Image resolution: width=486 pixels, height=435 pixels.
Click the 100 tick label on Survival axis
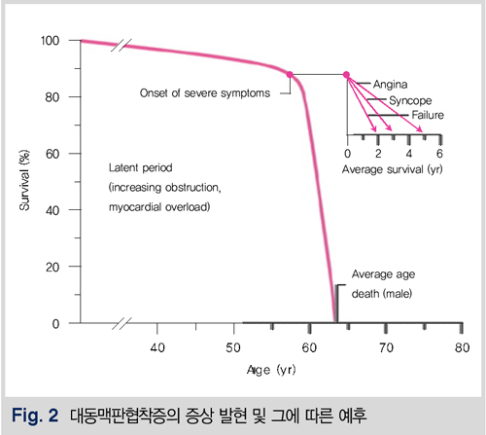pos(51,41)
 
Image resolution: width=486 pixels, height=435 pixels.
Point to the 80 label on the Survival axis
pos(52,97)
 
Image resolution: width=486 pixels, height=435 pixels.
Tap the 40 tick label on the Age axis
pos(157,347)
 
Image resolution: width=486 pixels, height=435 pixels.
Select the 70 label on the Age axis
pos(386,347)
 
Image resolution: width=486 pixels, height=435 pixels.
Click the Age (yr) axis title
pos(271,370)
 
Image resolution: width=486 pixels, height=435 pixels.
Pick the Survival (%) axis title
pos(24,180)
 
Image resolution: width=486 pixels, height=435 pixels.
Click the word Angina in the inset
pos(390,85)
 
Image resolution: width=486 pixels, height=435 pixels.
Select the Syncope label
pos(410,100)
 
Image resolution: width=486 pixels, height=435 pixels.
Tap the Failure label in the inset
pos(428,115)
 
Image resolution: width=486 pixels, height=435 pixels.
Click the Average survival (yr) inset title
pos(393,169)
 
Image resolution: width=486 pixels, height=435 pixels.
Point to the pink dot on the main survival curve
pos(290,75)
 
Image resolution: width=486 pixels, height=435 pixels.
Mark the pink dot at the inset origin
pos(346,75)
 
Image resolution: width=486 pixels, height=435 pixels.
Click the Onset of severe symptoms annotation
pos(205,93)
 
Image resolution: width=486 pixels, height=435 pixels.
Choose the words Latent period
pos(141,168)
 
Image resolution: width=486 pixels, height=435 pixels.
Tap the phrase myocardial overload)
pos(159,207)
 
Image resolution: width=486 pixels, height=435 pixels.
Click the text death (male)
pos(382,294)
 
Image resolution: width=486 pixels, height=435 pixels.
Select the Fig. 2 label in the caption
pos(35,416)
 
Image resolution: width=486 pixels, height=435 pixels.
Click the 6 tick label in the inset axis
pos(439,154)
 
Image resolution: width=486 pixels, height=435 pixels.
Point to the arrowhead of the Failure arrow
pos(421,130)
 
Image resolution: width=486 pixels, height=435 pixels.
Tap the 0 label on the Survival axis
pos(55,324)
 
